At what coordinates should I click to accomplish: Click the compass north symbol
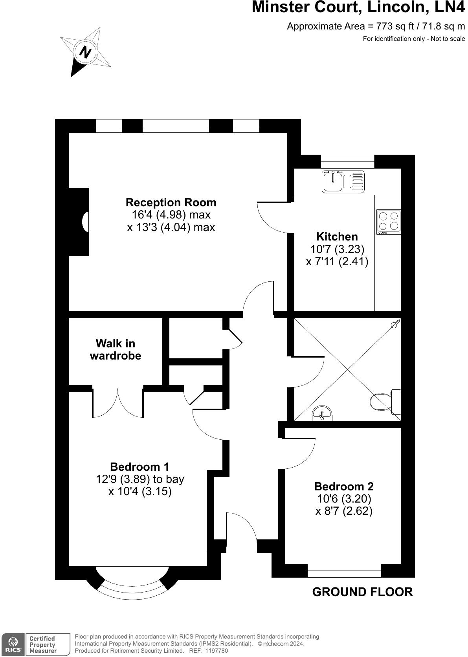(85, 52)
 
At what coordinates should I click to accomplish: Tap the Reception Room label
(171, 202)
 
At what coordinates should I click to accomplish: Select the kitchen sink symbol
(342, 182)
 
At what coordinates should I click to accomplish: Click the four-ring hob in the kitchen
(389, 222)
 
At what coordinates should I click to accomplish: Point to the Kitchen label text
(337, 237)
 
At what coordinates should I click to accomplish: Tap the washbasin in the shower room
(322, 414)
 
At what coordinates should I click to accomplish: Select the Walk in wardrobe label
(116, 349)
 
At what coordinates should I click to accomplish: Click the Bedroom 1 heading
(139, 467)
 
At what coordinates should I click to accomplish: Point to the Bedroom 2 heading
(344, 486)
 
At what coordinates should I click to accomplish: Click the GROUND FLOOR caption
(362, 592)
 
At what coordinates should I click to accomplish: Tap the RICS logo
(13, 644)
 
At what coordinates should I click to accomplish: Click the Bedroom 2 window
(344, 571)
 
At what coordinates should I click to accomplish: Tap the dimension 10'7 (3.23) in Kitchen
(337, 249)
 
